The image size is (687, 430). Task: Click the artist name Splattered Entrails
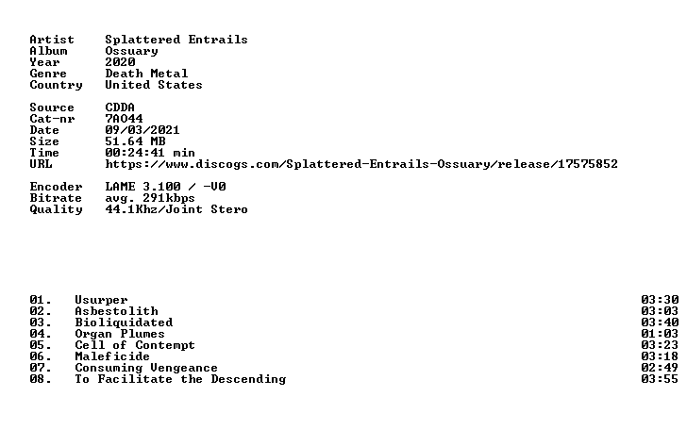point(176,40)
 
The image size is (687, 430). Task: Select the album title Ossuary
point(131,51)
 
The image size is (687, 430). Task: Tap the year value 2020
point(120,62)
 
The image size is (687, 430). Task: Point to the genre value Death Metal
point(146,74)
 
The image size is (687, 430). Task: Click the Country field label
point(56,85)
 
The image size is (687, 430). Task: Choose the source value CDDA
point(120,107)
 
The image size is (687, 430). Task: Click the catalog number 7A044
point(124,119)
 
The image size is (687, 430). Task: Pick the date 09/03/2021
point(142,130)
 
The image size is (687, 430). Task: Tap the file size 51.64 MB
point(135,141)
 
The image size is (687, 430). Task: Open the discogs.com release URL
point(361,164)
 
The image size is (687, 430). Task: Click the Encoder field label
point(56,187)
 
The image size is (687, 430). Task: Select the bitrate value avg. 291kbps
point(150,198)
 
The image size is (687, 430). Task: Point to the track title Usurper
point(101,301)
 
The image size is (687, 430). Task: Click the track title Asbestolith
point(117,311)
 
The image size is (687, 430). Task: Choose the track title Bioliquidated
point(124,322)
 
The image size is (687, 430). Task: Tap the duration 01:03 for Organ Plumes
point(660,334)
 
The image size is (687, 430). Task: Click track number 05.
point(41,345)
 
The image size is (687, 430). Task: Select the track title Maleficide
point(112,356)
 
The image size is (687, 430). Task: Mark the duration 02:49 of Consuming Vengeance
point(660,369)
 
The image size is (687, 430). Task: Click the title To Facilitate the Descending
point(180,379)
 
